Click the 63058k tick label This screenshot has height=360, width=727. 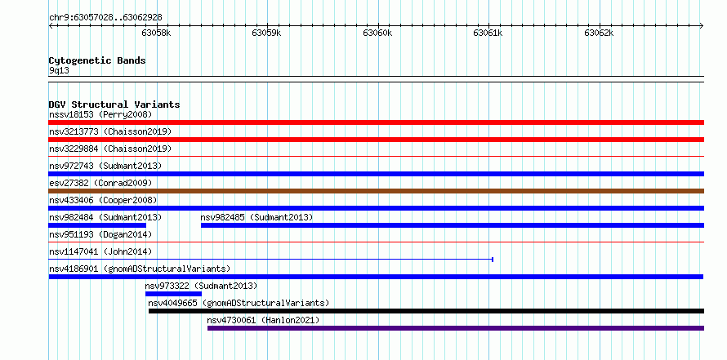tap(156, 33)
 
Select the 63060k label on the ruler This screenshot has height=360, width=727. tap(378, 33)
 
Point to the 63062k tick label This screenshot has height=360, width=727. tap(599, 33)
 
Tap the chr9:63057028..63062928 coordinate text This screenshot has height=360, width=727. tap(105, 18)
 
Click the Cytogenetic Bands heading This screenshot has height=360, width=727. tap(97, 60)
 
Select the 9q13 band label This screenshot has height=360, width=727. tap(60, 71)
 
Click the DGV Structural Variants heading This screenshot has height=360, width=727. tap(114, 104)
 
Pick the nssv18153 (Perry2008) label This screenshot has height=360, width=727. tap(100, 114)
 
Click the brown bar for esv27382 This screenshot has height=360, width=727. tap(377, 191)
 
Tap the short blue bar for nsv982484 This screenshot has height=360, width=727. tap(97, 225)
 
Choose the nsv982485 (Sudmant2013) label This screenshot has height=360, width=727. tap(256, 217)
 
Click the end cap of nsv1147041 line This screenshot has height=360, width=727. tap(493, 260)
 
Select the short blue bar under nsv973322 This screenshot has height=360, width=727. tap(173, 294)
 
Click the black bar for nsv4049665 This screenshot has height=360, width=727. tap(426, 311)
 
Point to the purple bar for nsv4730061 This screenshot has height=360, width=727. tap(456, 328)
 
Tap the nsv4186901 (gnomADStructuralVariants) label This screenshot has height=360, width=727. tap(140, 269)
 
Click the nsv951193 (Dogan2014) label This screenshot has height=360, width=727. tap(100, 234)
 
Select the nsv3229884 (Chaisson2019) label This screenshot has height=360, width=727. tap(110, 149)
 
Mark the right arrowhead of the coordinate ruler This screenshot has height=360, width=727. tap(702, 26)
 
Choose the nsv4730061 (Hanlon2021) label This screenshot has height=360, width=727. tap(263, 320)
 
